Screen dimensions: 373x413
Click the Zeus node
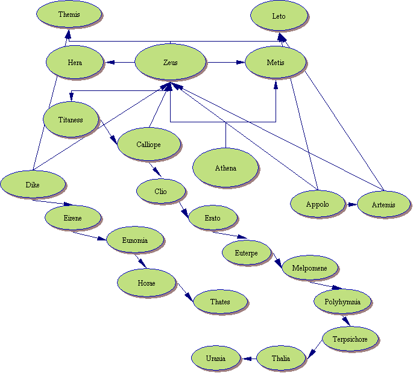[170, 62]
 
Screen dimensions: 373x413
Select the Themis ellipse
[69, 14]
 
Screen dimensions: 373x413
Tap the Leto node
[279, 16]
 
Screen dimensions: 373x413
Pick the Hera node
[75, 62]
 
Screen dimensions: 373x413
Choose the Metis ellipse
[276, 62]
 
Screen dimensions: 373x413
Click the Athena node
[225, 168]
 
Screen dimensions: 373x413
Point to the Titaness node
[71, 119]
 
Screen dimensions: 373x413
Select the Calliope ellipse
[148, 144]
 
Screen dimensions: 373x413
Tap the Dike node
[33, 184]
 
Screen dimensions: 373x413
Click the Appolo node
[317, 204]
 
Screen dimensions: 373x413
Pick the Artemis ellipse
[383, 204]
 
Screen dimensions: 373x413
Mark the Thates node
[220, 301]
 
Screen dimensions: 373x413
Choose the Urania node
[216, 358]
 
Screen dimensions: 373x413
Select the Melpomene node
[310, 268]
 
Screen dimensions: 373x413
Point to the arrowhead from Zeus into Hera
[110, 62]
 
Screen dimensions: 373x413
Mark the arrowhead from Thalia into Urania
[247, 359]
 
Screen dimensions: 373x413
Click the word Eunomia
[135, 240]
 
